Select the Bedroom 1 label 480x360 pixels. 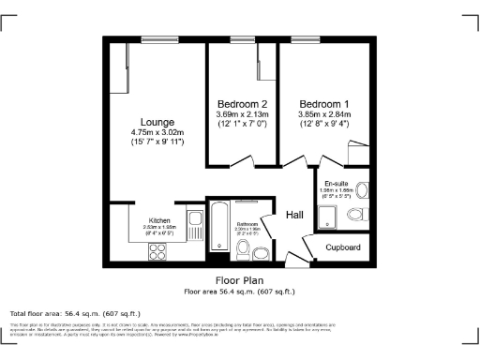(x=324, y=103)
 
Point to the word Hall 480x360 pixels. (x=294, y=216)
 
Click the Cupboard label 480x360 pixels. (x=343, y=247)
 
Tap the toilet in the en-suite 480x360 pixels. (x=357, y=215)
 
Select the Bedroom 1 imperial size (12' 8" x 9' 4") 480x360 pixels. (x=324, y=125)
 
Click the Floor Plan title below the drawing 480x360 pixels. (x=239, y=279)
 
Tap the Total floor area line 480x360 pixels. (x=75, y=313)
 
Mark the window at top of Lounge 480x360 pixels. (x=154, y=38)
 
